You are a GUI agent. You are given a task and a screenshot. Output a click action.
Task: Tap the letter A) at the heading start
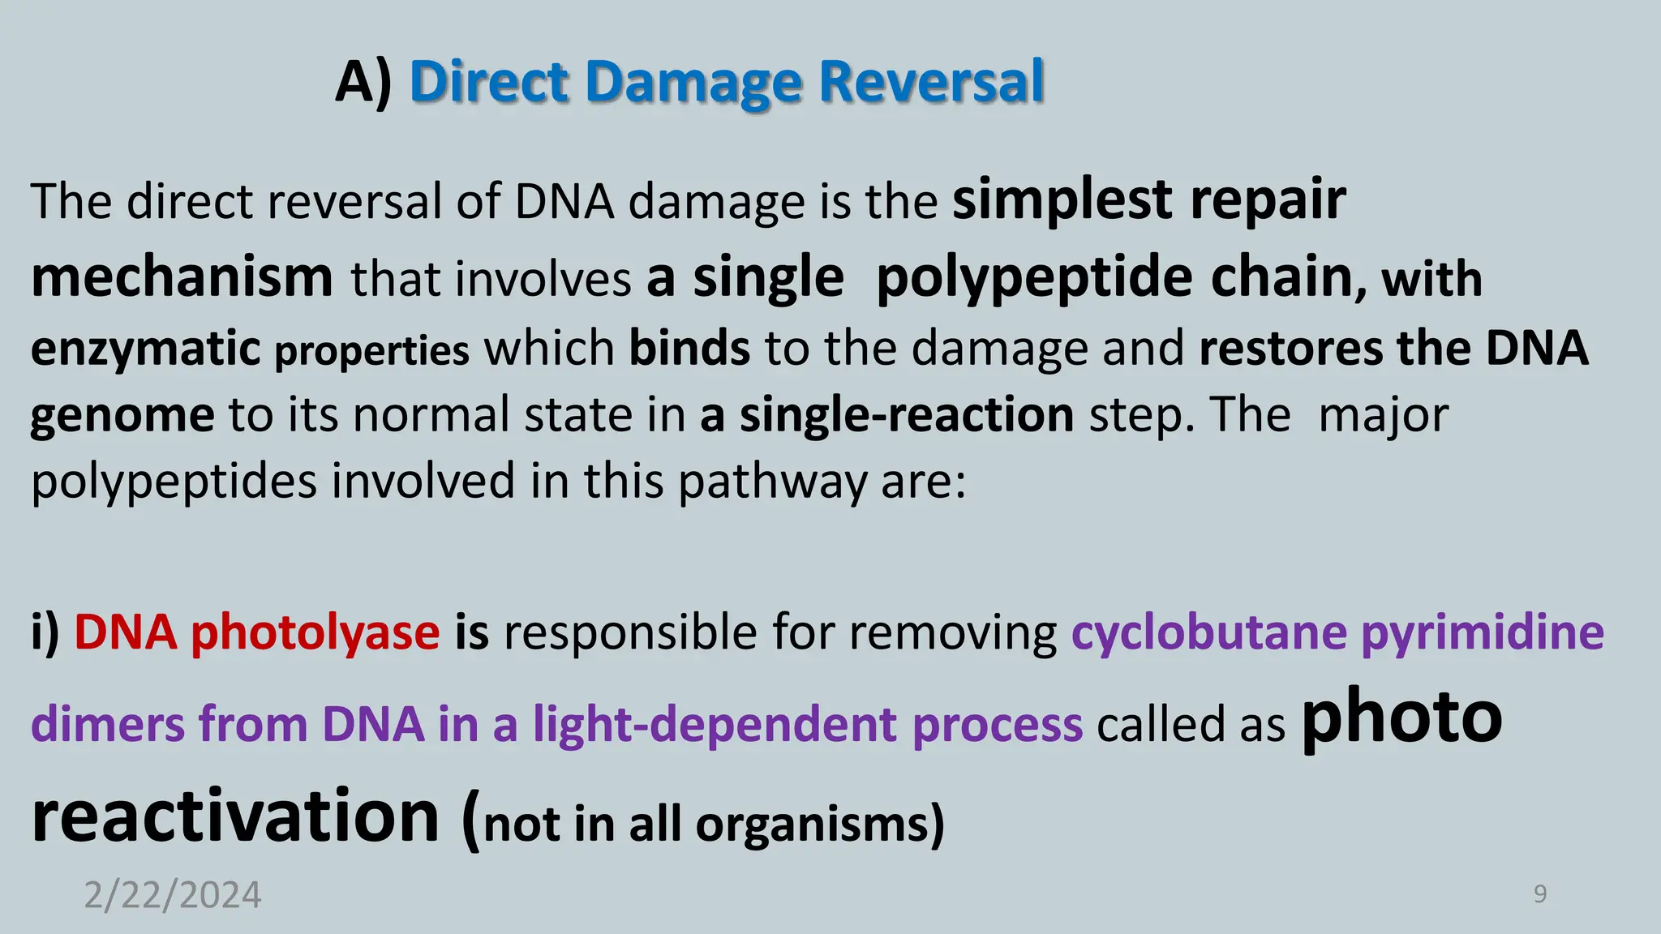[363, 83]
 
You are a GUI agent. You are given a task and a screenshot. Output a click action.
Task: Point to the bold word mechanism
[182, 278]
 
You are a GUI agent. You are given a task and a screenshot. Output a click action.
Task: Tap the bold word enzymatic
[145, 349]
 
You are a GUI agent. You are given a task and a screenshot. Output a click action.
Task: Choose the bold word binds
[689, 349]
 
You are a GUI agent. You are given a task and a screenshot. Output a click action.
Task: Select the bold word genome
[122, 416]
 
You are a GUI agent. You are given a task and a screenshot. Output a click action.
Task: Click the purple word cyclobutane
[1208, 632]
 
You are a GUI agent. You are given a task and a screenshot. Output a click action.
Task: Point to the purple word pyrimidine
[1482, 632]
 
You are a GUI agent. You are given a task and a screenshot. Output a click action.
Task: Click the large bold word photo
[1401, 718]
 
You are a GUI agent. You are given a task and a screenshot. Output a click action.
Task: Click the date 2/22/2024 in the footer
[173, 895]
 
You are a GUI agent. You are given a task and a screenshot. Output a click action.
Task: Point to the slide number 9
[1539, 894]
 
